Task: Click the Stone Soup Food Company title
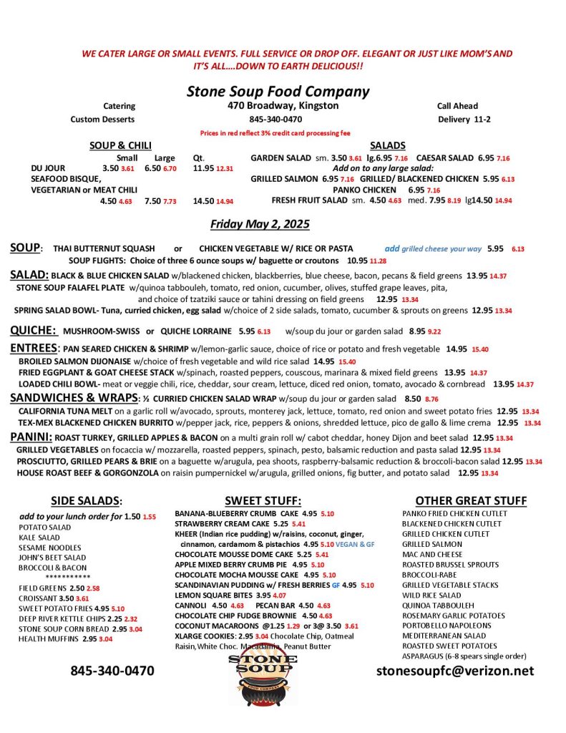click(278, 91)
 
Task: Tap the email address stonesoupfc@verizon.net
click(455, 671)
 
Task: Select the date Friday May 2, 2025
click(260, 224)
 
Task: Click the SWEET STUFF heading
click(263, 500)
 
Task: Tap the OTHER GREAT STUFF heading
click(471, 500)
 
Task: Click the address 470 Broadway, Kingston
click(278, 106)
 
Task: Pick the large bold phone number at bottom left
click(112, 671)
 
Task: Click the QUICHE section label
click(33, 330)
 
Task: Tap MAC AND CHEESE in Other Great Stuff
click(432, 554)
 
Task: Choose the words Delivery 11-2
click(464, 120)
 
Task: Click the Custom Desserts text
click(102, 120)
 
